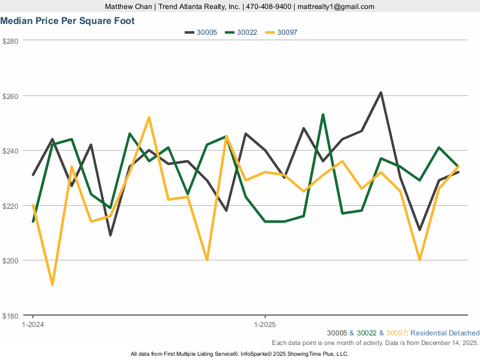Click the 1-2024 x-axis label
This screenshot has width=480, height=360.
(x=33, y=325)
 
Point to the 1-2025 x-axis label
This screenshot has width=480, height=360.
(x=265, y=325)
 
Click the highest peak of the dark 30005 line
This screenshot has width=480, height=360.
(x=381, y=93)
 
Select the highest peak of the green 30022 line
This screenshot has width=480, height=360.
(x=323, y=115)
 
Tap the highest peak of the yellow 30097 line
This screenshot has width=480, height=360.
(x=149, y=118)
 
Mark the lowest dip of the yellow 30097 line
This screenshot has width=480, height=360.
(x=52, y=284)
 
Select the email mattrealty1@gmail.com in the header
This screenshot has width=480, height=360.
(x=335, y=7)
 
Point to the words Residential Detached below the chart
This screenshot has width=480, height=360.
(x=445, y=333)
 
